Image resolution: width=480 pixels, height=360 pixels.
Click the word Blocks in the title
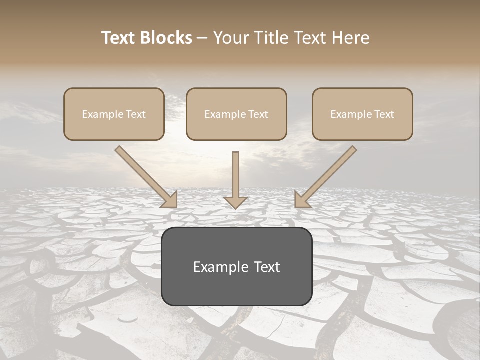(x=166, y=38)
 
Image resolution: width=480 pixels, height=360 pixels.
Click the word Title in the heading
(x=273, y=38)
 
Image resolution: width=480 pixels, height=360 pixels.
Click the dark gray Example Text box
(x=236, y=287)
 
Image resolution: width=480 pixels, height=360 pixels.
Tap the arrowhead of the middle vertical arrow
(x=235, y=202)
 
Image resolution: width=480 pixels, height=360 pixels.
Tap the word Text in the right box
(x=384, y=114)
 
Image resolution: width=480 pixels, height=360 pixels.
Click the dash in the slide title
(x=202, y=38)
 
